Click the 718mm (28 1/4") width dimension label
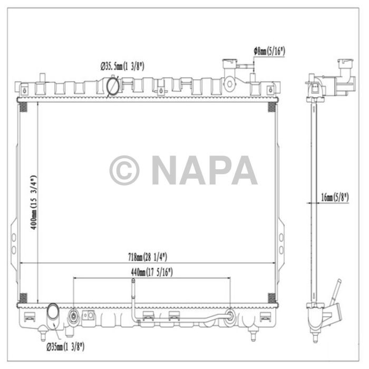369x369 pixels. click(x=148, y=257)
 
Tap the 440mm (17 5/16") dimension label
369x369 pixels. click(x=152, y=273)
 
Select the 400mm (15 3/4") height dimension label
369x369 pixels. click(x=34, y=202)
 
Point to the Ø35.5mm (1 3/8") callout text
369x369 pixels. click(x=122, y=66)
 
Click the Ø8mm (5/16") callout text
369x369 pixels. click(x=269, y=51)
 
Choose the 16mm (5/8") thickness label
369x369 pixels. click(x=335, y=197)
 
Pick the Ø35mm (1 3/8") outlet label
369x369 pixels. click(x=65, y=347)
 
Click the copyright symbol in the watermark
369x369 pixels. click(x=124, y=170)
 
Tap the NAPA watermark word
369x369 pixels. click(x=205, y=170)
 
